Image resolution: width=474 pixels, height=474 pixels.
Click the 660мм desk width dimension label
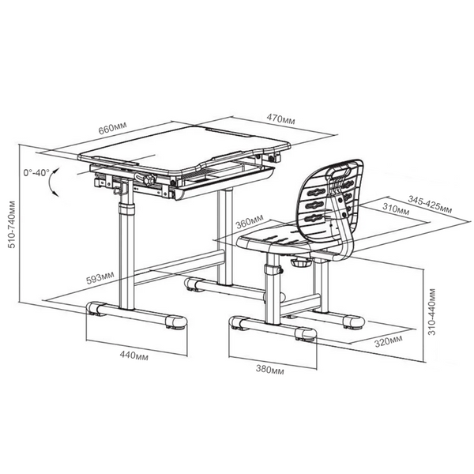[113, 129]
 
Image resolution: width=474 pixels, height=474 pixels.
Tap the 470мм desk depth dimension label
[280, 118]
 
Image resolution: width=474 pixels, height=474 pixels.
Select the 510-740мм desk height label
[12, 224]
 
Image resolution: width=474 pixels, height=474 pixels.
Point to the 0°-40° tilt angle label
[36, 172]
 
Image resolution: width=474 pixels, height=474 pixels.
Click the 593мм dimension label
[100, 278]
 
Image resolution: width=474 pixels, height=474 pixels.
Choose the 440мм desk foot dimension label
[134, 355]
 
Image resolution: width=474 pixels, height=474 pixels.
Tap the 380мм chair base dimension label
[270, 369]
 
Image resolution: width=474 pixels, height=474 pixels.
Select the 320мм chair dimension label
[389, 341]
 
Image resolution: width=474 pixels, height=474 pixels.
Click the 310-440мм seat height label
[432, 312]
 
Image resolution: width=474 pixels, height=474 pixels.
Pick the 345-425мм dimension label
[430, 204]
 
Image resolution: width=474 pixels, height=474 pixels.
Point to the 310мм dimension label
[396, 209]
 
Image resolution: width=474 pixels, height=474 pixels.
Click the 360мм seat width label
[250, 221]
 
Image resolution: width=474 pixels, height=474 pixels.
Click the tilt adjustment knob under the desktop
[149, 180]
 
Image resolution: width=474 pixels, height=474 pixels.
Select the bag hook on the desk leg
[120, 188]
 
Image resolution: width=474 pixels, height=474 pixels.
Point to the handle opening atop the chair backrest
[340, 173]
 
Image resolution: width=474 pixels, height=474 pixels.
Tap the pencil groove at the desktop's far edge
[228, 133]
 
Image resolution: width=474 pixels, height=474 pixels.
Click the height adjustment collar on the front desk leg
[126, 209]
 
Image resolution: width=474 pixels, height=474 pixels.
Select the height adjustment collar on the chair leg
[272, 269]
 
